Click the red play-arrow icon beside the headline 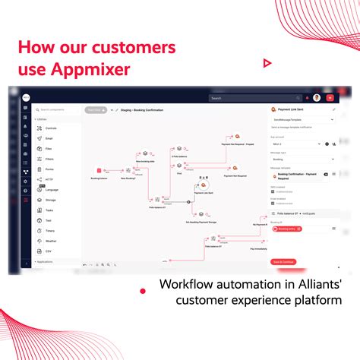tap(267, 63)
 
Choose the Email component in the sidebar tap(49, 138)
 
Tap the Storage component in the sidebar tap(51, 199)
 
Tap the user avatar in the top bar tap(316, 98)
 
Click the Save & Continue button tap(283, 262)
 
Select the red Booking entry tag tap(286, 229)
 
